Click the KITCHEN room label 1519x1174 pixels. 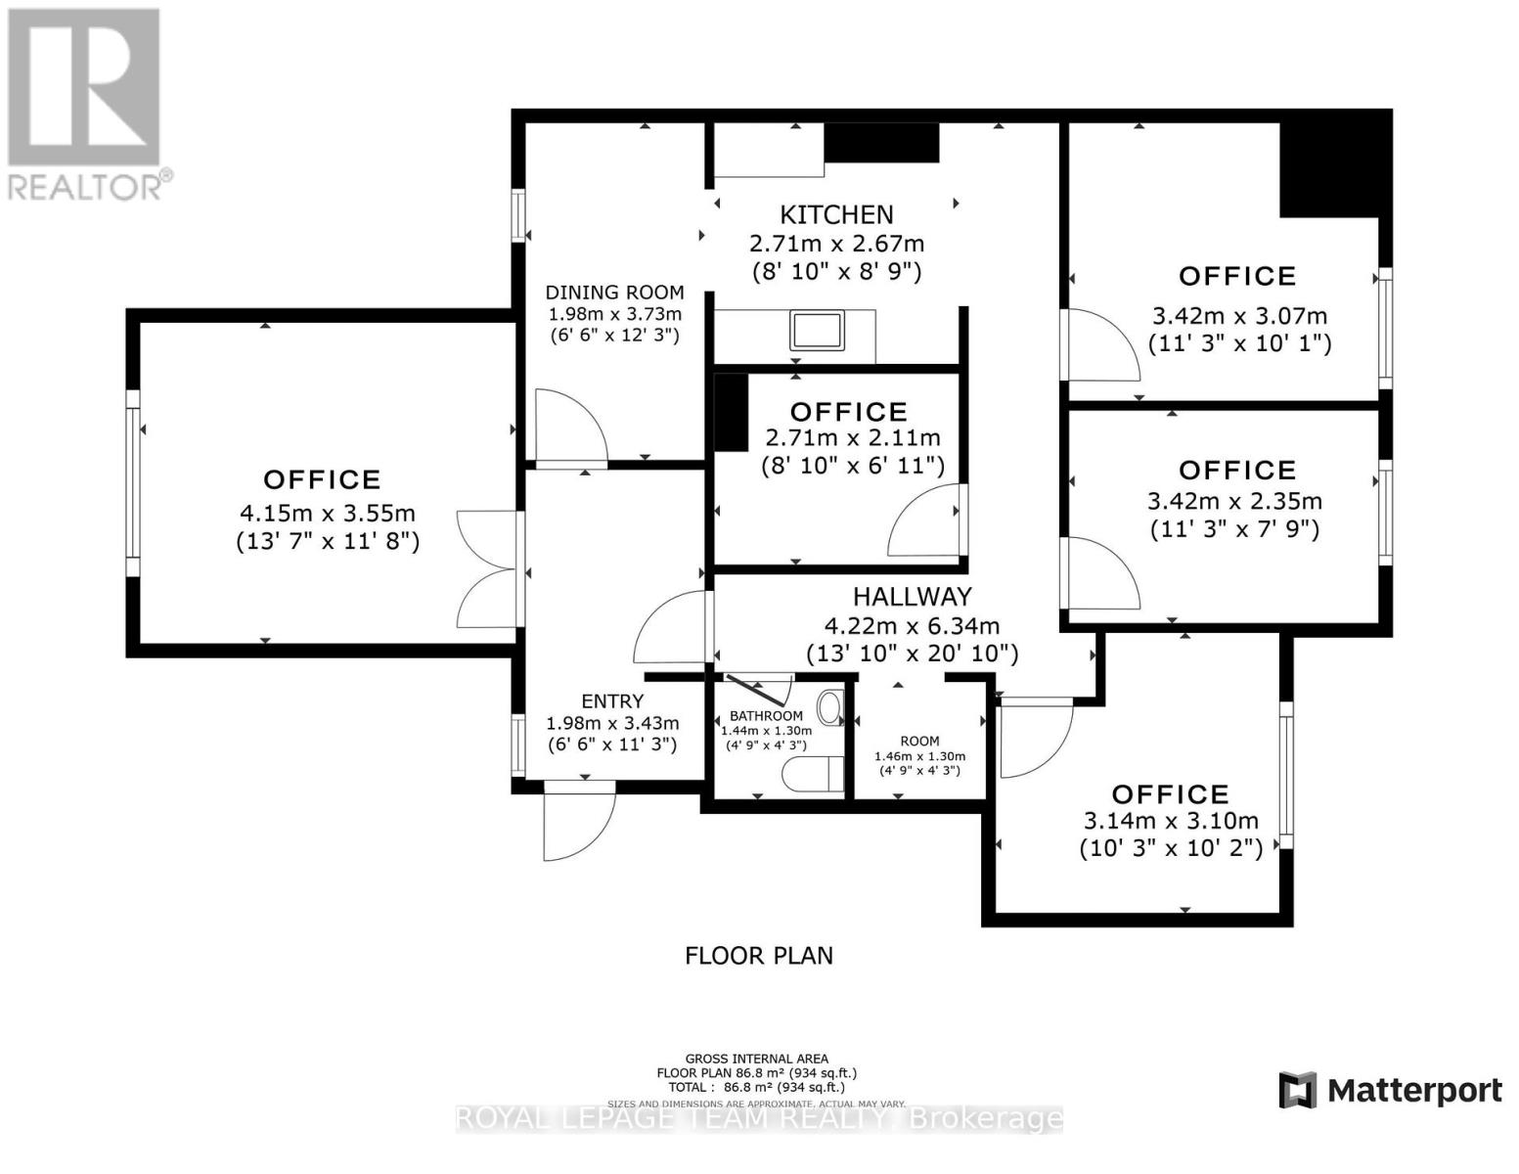point(836,214)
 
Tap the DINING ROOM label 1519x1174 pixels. point(614,293)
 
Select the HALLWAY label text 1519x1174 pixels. point(912,597)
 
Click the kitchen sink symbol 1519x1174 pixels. point(818,331)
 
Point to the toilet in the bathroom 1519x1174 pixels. point(814,774)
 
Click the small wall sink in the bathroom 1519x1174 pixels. point(830,707)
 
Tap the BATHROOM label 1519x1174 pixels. point(766,716)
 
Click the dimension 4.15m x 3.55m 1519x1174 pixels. point(328,513)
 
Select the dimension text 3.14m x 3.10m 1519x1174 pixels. point(1171,822)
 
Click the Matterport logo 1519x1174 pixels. point(1390,1090)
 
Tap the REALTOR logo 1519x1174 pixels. point(84,103)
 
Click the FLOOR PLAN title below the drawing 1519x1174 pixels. point(759,955)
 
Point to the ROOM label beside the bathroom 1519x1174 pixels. point(919,742)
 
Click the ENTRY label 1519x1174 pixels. point(612,701)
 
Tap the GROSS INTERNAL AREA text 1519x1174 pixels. point(756,1059)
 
